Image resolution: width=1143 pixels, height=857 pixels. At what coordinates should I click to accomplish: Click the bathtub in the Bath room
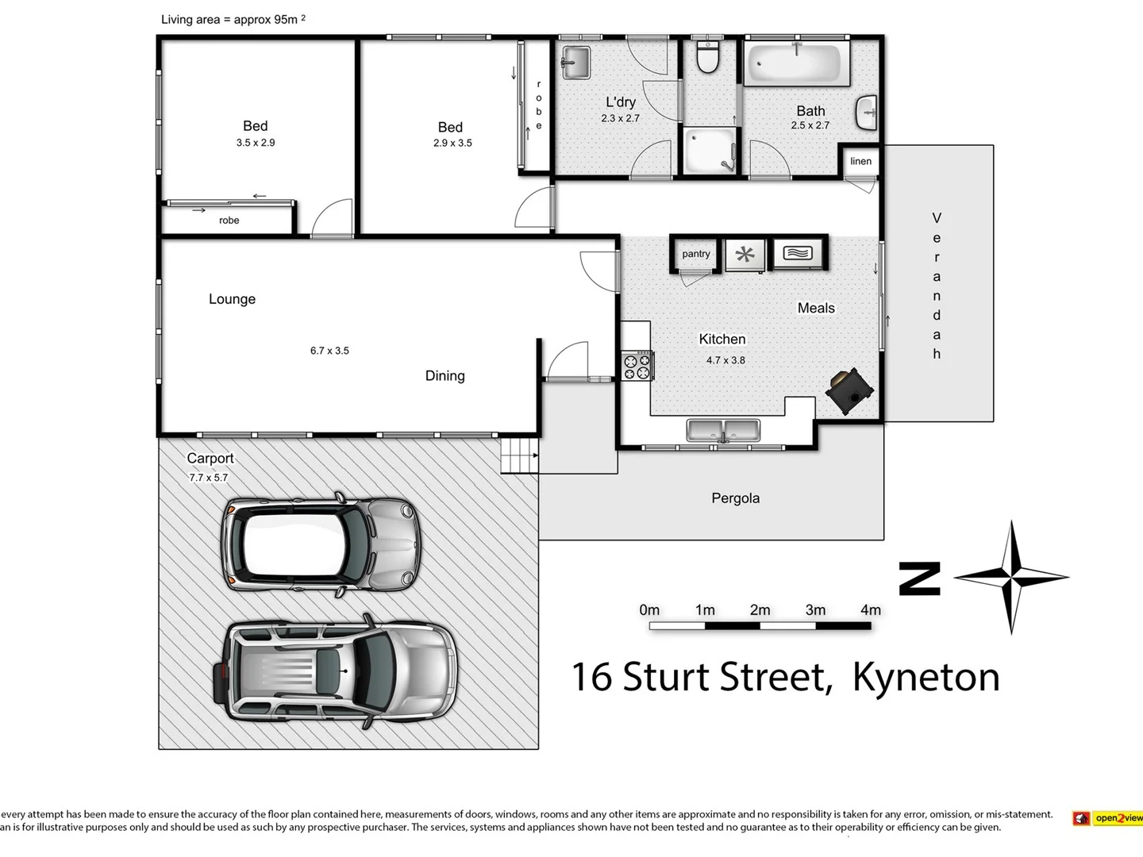(x=795, y=63)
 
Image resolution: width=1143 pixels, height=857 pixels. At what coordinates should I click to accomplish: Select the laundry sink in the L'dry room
(x=575, y=63)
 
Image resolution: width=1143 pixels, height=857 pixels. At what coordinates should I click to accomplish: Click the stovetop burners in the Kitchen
(x=637, y=366)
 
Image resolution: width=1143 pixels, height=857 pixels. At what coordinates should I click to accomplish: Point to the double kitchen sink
(x=723, y=431)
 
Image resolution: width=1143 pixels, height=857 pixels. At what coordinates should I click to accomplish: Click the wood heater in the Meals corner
(x=848, y=390)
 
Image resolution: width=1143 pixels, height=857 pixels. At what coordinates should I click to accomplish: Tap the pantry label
(x=696, y=254)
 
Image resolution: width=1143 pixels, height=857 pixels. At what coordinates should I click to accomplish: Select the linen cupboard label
(x=860, y=161)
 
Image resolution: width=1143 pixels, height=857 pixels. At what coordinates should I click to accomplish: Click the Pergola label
(x=735, y=498)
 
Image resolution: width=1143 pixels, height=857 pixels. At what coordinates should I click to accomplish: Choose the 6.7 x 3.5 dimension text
(x=329, y=351)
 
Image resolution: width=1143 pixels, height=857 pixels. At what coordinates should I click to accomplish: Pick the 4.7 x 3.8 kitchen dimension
(x=725, y=360)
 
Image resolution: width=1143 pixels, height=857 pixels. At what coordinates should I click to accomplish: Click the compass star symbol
(x=1011, y=577)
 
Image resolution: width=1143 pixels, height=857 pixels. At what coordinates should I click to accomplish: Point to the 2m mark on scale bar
(x=760, y=610)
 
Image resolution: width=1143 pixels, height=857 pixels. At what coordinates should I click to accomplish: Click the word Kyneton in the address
(x=926, y=677)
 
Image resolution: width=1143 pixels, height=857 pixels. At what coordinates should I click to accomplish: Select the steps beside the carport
(x=519, y=456)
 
